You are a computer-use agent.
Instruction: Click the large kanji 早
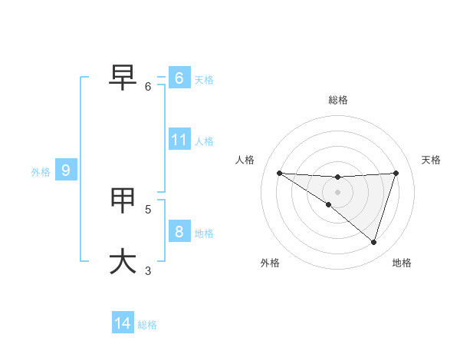coord(123,75)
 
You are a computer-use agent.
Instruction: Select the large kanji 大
coord(123,260)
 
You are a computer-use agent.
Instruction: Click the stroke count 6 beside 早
coord(149,87)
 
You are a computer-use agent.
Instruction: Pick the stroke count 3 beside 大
coord(148,270)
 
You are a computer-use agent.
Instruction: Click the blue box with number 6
coord(179,78)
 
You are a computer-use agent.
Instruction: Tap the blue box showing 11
coord(179,140)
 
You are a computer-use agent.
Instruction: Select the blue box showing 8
coord(179,231)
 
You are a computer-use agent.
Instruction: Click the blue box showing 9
coord(66,171)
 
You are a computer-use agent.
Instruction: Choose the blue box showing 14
coord(123,323)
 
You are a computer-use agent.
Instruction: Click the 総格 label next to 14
coord(147,325)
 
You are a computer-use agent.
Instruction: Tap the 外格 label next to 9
coord(41,172)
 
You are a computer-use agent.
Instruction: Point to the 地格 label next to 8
coord(204,233)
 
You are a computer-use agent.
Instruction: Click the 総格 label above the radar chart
coord(338,100)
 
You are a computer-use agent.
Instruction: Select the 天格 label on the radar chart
coord(432,160)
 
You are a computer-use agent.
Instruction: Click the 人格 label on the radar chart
coord(245,160)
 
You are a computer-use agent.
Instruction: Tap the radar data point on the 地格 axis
coord(373,242)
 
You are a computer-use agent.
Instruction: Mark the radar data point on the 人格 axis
coord(279,173)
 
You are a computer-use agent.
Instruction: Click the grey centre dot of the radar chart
coord(337,192)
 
